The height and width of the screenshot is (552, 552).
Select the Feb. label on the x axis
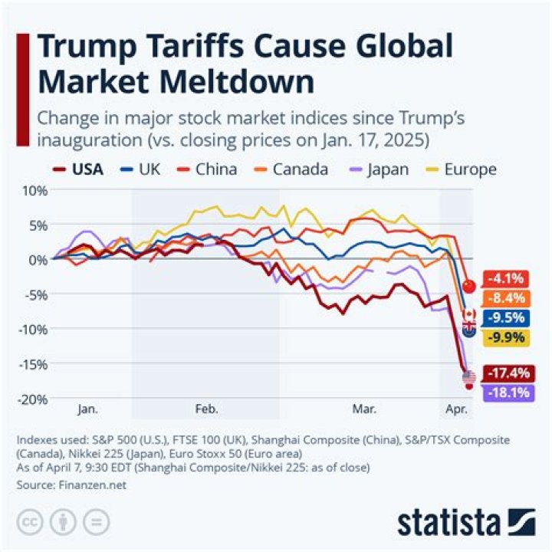[206, 409]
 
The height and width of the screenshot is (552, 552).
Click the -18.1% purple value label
[505, 393]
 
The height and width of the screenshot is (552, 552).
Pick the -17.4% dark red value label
[505, 373]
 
